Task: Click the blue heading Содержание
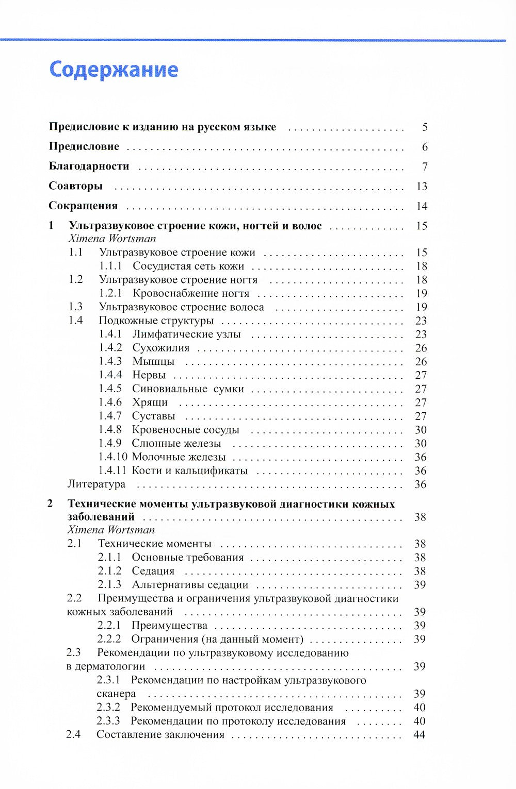coord(114,70)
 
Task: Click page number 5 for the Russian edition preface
coord(424,127)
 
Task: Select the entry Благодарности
coord(89,166)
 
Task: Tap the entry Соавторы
coord(75,186)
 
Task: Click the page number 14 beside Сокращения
coord(422,206)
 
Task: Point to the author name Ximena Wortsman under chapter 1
coord(111,239)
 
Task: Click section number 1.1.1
coord(110,266)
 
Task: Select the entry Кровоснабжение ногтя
coord(190,294)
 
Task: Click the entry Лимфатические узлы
coord(186,334)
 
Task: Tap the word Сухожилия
coord(160,348)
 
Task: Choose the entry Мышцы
coord(153,362)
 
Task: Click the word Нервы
coord(149,375)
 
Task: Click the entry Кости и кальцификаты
coord(189,471)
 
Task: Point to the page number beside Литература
coord(421,484)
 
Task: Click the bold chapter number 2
coord(50,504)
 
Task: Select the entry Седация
coord(153,572)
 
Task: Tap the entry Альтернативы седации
coord(190,585)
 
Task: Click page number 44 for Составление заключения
coord(420,735)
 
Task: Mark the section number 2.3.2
coord(108,708)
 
